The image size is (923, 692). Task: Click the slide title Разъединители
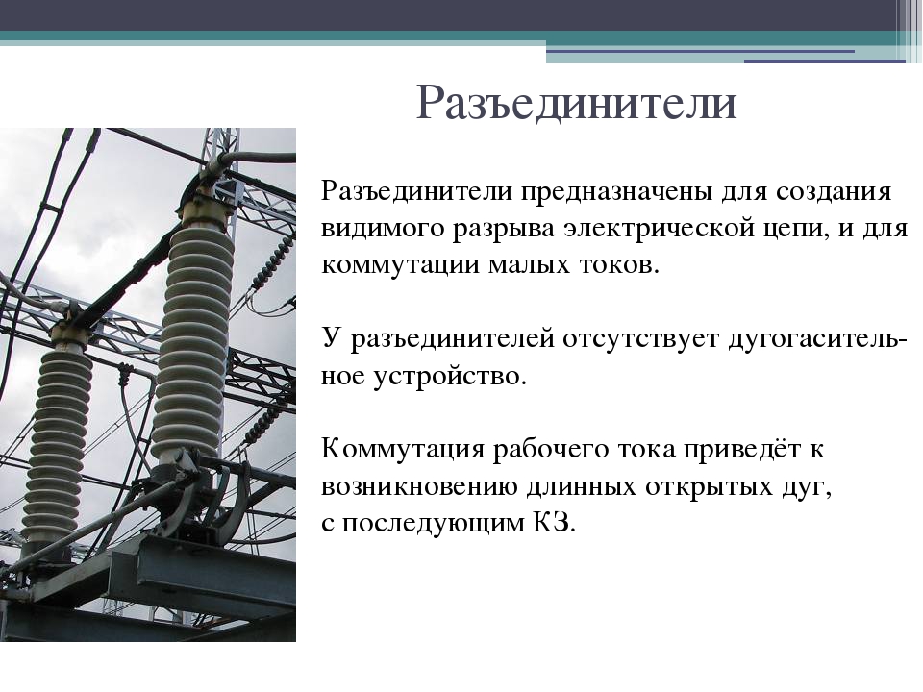tap(577, 103)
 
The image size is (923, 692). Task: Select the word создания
tap(834, 192)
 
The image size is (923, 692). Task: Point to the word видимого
tap(383, 229)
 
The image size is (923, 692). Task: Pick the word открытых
tap(709, 487)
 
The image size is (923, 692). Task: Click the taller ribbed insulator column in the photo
tap(192, 341)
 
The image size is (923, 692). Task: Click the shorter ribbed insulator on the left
tap(57, 447)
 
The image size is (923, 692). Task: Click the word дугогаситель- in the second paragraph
tap(818, 339)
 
